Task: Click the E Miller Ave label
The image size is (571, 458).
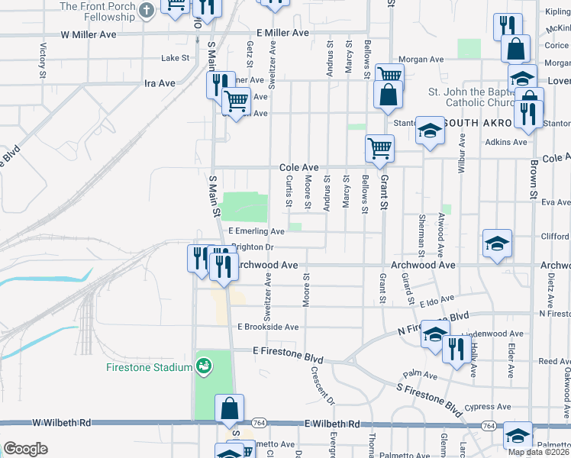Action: [282, 33]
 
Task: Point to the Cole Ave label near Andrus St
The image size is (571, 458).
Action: [298, 167]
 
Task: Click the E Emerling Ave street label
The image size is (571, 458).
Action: [256, 231]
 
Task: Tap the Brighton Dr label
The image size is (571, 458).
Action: [251, 247]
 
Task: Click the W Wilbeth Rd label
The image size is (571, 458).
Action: [62, 422]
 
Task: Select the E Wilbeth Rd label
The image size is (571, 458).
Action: [332, 424]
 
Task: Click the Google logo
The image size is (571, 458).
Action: [25, 449]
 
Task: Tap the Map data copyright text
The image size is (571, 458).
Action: [538, 452]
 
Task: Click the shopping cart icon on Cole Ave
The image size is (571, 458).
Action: [379, 147]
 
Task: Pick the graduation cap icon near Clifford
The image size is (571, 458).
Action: [497, 244]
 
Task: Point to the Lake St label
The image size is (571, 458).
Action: [175, 58]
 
